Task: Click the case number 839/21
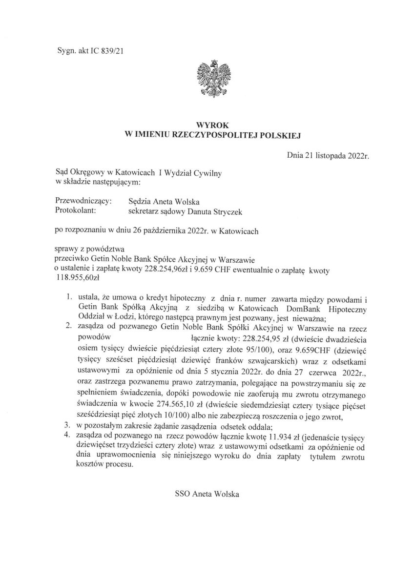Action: coord(115,50)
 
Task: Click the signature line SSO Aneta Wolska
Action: coord(207,494)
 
